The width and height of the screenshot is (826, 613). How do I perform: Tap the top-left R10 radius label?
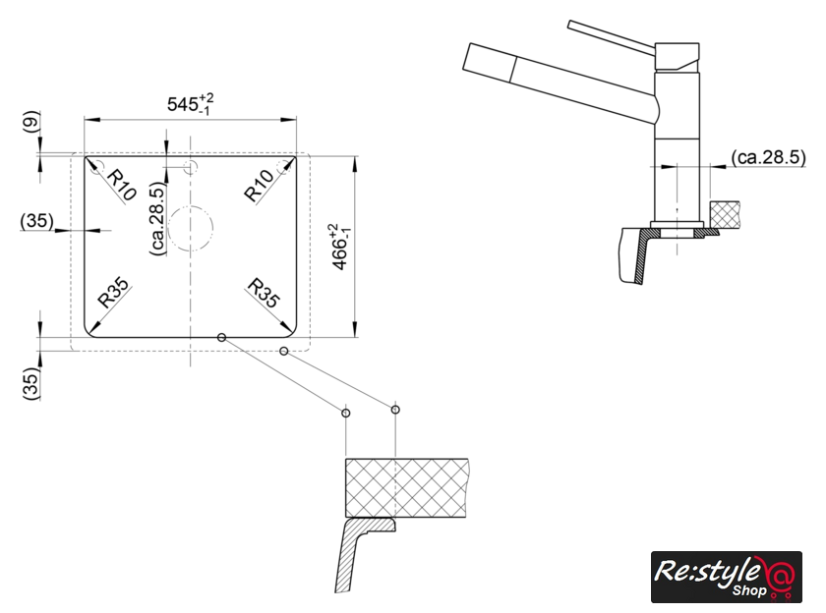coord(122,183)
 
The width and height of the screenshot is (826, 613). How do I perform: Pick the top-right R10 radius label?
coord(259,186)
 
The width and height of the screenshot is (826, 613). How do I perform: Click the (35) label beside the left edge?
coord(35,222)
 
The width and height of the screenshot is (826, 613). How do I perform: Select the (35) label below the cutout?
coord(30,384)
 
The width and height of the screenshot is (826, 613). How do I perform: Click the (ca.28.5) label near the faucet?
coord(770,156)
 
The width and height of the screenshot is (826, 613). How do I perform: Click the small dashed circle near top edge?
coord(191,168)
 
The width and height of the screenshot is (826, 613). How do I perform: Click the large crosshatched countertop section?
coord(405,488)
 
